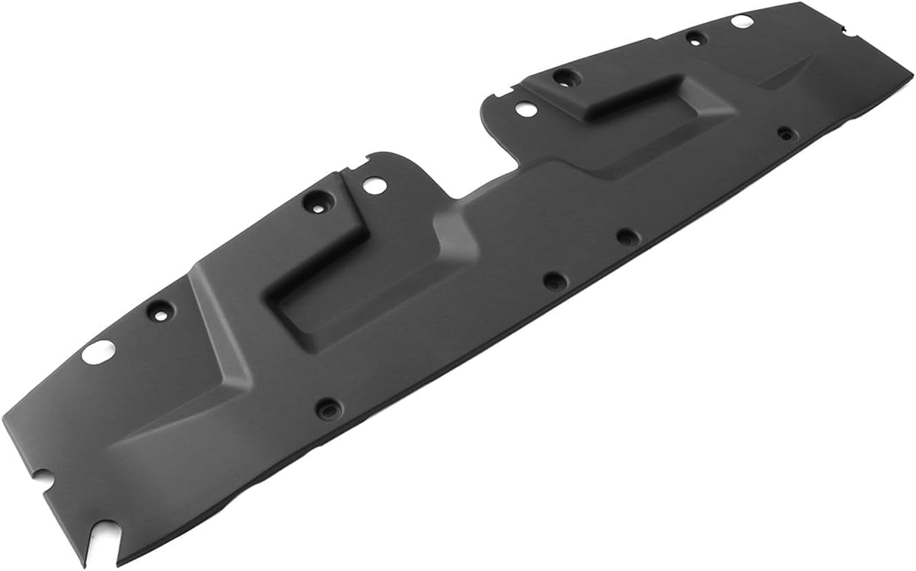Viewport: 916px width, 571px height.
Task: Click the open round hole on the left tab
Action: pos(373,185)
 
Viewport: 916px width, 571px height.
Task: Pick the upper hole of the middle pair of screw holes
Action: pos(625,237)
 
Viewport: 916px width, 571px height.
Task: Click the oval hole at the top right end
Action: pos(742,21)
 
